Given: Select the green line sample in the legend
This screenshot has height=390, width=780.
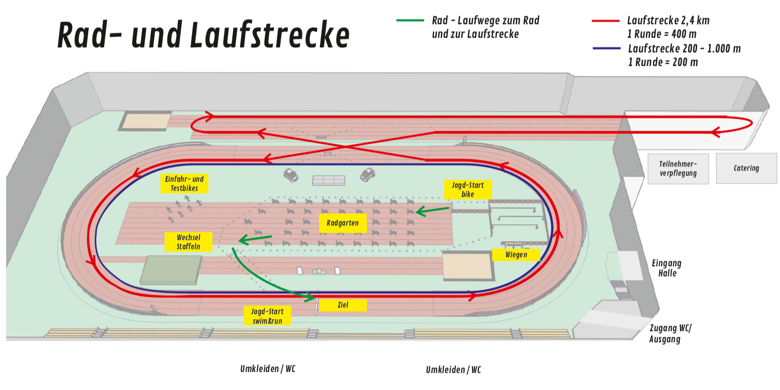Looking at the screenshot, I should point(410,21).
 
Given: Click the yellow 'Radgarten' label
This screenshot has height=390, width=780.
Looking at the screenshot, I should point(343,223).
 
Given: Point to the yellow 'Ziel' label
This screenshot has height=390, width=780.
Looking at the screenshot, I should point(343,305).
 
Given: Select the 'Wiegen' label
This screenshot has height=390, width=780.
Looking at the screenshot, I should point(516,255).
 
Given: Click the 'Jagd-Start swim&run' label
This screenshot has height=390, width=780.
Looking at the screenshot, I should point(267,316).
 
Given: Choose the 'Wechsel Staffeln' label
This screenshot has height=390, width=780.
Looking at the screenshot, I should point(188,242).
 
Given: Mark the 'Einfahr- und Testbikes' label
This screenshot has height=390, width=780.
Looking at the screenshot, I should point(184,184).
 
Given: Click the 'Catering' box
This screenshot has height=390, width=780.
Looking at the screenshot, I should point(746,168).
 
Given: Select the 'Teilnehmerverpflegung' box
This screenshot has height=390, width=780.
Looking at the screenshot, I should point(678,169).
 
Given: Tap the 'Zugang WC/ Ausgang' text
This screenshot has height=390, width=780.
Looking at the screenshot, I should point(670,334).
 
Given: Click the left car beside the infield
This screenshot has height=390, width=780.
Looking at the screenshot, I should point(291,175).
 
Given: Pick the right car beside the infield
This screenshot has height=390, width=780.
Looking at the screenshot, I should point(367,174).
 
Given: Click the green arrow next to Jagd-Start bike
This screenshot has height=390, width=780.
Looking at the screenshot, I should point(433,210).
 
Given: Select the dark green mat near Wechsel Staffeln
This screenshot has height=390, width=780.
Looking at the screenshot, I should point(171,269).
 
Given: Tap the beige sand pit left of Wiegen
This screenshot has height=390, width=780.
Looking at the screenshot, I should point(467,266).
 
